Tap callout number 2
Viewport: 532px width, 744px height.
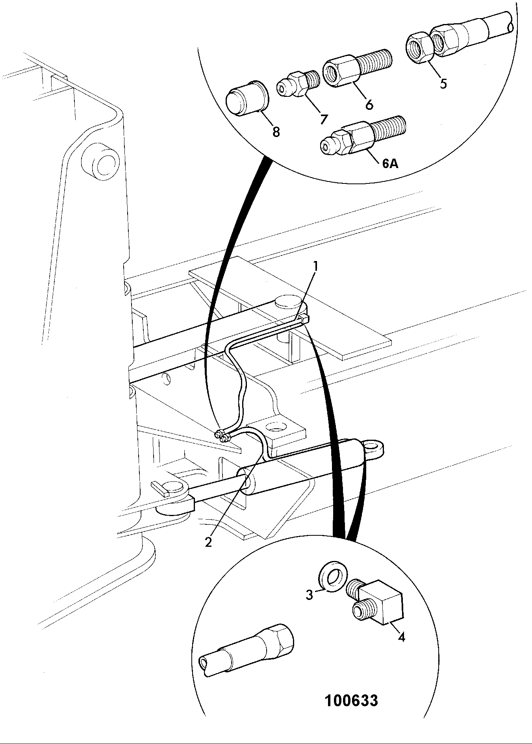coord(208,542)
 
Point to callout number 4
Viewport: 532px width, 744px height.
coord(401,637)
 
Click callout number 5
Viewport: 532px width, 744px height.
coord(443,84)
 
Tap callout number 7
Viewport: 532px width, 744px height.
coord(324,118)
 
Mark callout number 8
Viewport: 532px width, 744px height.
coord(276,132)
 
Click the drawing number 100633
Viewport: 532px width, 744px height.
coord(351,700)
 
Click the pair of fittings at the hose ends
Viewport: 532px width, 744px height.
coord(222,436)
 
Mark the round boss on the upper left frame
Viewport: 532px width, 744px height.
coord(100,160)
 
